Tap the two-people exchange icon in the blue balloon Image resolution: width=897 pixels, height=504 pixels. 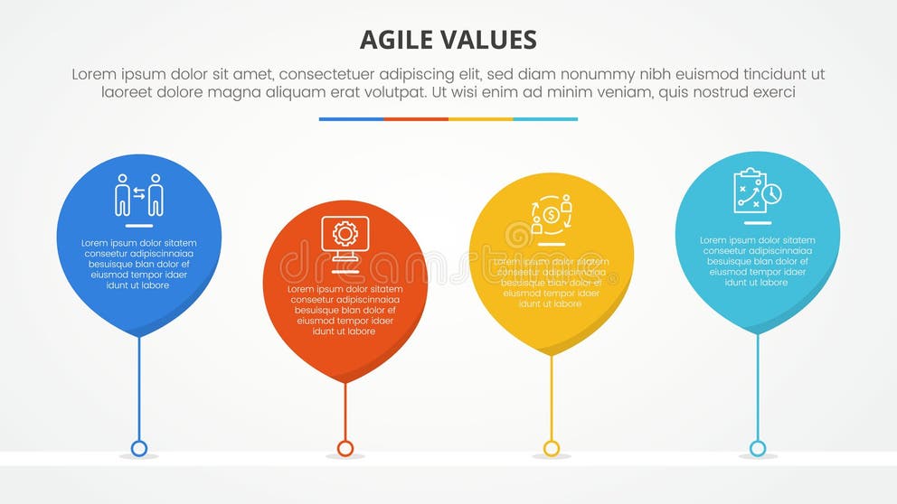pos(139,194)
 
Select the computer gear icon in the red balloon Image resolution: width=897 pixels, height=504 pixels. pos(345,237)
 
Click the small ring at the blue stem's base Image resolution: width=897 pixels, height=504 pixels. pos(139,448)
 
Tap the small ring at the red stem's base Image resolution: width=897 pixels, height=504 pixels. pos(345,448)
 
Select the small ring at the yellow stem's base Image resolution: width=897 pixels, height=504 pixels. pos(552,448)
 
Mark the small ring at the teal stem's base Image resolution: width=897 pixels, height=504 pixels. pos(758,448)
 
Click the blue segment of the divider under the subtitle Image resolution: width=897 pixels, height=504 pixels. pos(351,118)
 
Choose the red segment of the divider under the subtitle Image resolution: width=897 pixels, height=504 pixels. pos(416,118)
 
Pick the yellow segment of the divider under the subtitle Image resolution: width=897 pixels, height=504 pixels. pos(481,118)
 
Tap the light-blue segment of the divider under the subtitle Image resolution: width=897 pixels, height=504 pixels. pos(545,118)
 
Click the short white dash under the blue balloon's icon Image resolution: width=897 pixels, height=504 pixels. pos(139,225)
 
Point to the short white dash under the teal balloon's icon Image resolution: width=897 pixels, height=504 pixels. pos(758,222)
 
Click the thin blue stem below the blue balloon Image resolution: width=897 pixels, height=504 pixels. pos(139,388)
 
